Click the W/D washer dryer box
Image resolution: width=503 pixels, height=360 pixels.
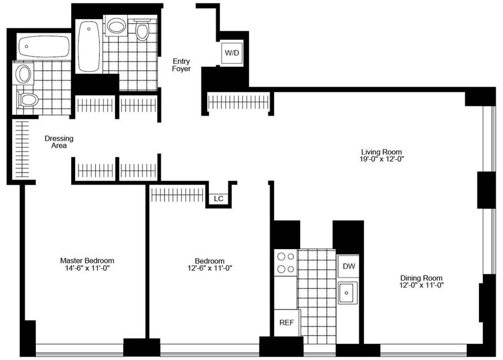(232, 53)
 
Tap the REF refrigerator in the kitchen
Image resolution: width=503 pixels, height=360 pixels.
(287, 322)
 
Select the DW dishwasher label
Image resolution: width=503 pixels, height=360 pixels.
(347, 266)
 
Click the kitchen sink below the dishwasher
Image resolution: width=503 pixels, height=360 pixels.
(347, 292)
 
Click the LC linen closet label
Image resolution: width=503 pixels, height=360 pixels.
(218, 199)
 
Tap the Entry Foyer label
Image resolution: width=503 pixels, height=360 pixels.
(181, 65)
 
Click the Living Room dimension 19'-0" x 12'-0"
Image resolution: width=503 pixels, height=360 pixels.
(381, 159)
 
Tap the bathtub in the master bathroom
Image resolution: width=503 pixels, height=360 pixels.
(44, 47)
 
